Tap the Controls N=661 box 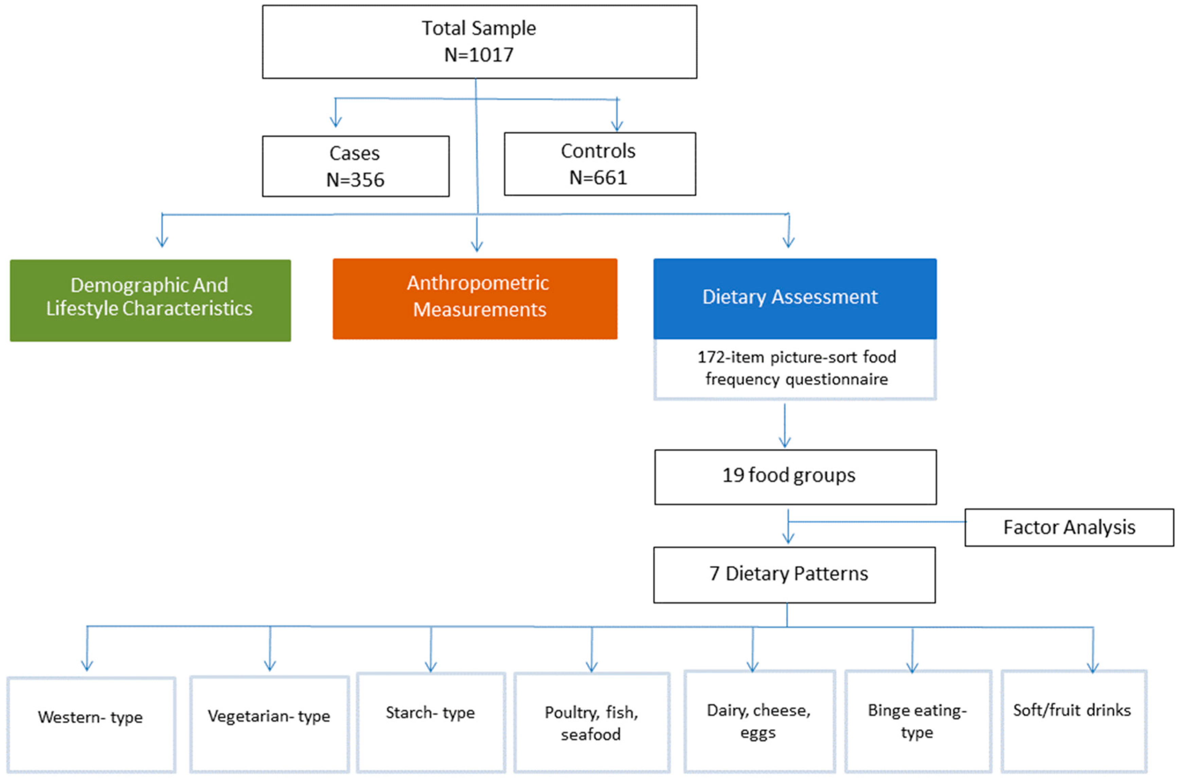click(x=599, y=164)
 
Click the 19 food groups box click(x=795, y=477)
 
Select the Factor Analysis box click(x=1068, y=527)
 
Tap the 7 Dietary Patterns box click(x=794, y=575)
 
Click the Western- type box click(x=91, y=724)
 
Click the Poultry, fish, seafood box click(x=591, y=722)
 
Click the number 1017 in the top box click(x=492, y=55)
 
